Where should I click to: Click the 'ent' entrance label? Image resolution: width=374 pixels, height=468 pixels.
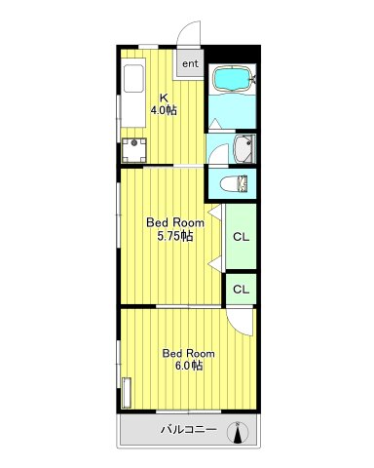190,63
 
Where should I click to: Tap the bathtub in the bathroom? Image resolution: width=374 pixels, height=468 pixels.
233,78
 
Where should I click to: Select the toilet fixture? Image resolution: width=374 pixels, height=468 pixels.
234,184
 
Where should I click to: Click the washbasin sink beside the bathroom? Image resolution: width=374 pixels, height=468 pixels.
243,149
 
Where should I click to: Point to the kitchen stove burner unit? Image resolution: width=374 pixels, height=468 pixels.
134,150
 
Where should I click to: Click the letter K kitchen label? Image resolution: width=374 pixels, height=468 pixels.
164,97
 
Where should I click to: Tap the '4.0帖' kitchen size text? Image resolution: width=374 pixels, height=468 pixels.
164,110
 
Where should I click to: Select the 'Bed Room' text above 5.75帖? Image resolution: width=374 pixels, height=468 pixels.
175,223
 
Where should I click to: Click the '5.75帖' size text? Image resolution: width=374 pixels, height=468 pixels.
175,236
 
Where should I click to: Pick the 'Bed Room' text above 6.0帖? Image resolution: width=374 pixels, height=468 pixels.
189,353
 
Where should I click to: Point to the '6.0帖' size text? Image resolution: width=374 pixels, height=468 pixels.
189,366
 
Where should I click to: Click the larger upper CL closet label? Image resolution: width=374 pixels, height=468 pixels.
242,237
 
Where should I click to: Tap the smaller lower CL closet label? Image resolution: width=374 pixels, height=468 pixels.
242,289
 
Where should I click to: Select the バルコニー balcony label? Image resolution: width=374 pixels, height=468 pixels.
189,430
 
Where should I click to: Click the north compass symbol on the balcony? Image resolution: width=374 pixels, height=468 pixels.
238,433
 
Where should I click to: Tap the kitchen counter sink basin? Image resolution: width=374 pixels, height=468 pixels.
133,79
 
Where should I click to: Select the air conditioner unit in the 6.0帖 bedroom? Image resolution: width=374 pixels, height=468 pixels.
127,393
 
